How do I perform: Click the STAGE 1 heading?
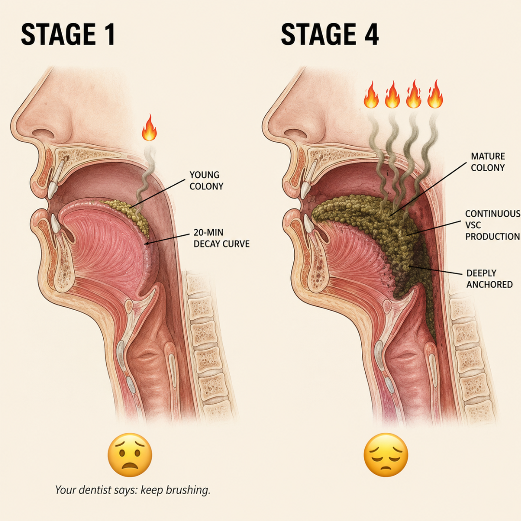tap(68, 34)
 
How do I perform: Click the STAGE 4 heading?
tap(329, 34)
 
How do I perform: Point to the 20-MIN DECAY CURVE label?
tap(221, 238)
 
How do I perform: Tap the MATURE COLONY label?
tap(488, 162)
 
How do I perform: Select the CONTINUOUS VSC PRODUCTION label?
tap(493, 225)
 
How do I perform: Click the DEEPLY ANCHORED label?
tap(490, 279)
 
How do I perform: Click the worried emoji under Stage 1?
tap(130, 455)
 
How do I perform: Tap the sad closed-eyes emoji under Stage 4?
tap(386, 455)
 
